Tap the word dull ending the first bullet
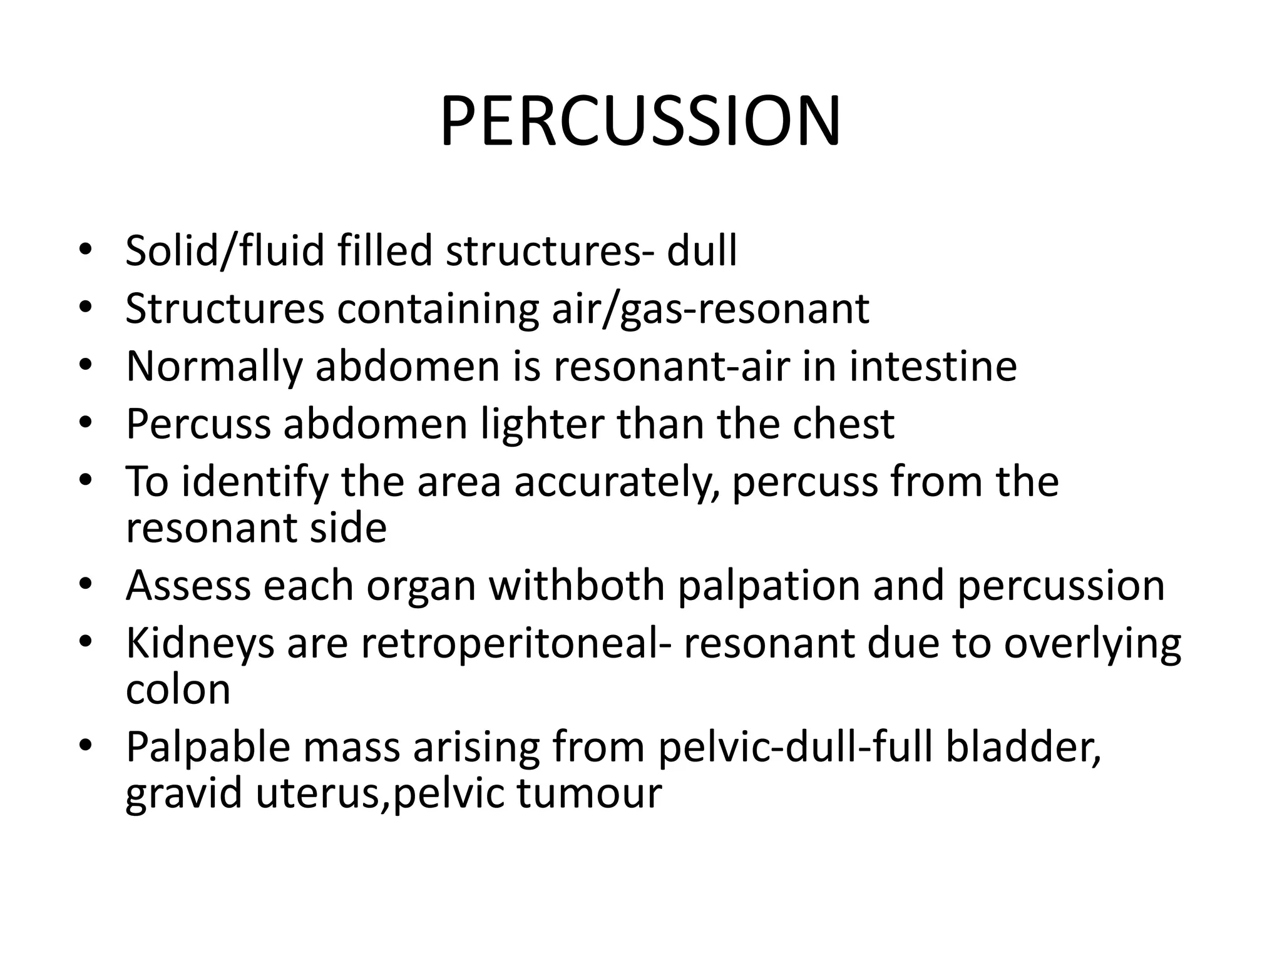(702, 251)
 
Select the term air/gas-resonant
(710, 308)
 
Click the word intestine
(933, 366)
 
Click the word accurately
(616, 482)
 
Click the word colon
(178, 689)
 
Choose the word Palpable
(208, 747)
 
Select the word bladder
(1023, 747)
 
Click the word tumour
(589, 793)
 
